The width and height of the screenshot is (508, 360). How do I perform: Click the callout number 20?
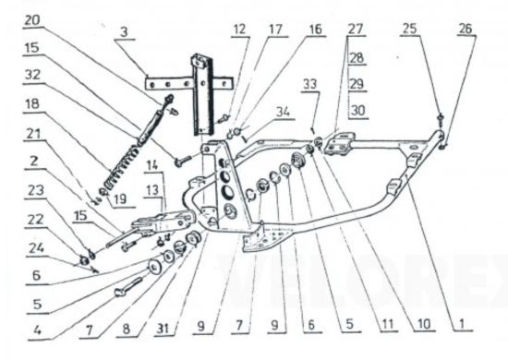tap(31, 21)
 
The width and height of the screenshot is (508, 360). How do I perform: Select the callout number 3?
tap(124, 32)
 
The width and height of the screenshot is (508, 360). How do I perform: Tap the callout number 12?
tap(240, 30)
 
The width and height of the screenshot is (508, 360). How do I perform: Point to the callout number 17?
tap(276, 30)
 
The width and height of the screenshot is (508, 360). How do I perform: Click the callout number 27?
tap(356, 30)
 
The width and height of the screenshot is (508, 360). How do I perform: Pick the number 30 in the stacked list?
tap(358, 111)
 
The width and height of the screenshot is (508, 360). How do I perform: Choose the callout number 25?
tap(409, 29)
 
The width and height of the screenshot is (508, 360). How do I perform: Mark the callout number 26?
tap(466, 29)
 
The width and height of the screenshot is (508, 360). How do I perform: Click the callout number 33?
tap(310, 84)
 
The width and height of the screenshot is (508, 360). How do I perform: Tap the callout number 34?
tap(284, 113)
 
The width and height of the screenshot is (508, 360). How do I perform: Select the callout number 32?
tap(32, 76)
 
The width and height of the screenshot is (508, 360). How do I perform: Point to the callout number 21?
tap(32, 134)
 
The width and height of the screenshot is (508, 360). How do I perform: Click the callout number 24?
tap(36, 248)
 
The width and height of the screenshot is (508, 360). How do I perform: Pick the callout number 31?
tap(163, 329)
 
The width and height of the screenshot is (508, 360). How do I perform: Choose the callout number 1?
tap(461, 323)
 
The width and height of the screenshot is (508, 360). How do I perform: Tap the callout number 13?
tap(151, 190)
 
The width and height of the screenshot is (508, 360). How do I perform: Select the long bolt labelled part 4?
tap(128, 287)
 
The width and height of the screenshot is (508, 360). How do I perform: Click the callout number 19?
tap(120, 198)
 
